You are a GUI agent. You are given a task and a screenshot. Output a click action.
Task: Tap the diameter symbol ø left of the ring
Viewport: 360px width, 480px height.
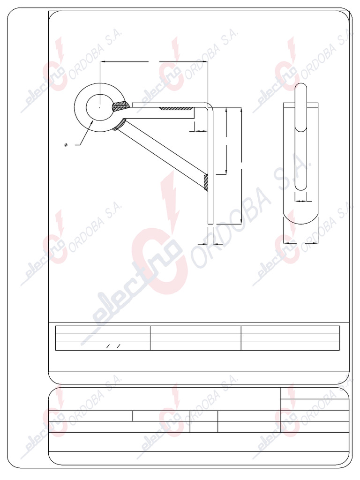coord(65,145)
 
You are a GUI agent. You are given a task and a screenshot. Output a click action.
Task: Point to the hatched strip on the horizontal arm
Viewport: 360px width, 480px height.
coord(176,108)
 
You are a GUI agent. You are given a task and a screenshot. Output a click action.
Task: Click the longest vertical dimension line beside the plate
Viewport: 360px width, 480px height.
coord(241,164)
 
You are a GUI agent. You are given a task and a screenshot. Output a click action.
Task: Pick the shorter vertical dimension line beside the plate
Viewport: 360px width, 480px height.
coord(227,141)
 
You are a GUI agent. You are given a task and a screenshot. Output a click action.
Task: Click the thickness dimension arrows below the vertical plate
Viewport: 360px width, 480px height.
coord(210,244)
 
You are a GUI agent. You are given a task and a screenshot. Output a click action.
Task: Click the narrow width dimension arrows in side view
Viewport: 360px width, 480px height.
coord(302,201)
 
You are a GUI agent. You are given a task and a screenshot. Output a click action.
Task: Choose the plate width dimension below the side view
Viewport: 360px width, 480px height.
coord(301,243)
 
